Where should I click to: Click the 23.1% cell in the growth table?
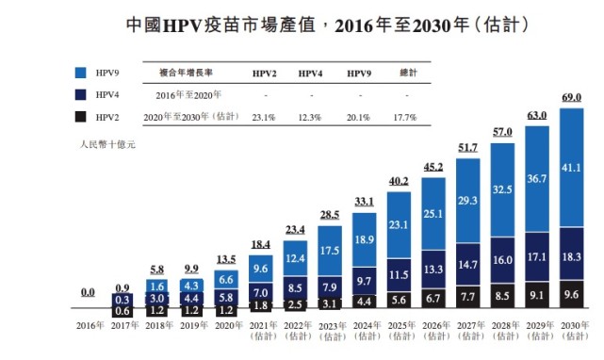click(263, 117)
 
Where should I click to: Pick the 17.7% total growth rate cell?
click(405, 117)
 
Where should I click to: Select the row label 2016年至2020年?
click(187, 95)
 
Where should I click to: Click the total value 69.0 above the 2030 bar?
click(571, 98)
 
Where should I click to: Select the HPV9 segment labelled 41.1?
click(571, 167)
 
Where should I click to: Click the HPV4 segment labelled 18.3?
click(571, 255)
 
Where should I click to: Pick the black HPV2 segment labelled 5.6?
click(400, 299)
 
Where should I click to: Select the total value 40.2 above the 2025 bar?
click(400, 182)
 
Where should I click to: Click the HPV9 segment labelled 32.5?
click(503, 188)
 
